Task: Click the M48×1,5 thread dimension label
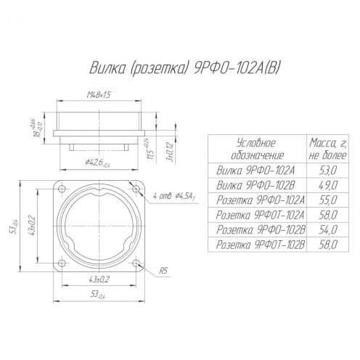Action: tap(99, 95)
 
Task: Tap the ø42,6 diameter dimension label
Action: tap(97, 163)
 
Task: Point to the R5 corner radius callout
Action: tap(163, 271)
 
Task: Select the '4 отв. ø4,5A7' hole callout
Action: tap(174, 197)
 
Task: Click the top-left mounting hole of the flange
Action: tap(62, 189)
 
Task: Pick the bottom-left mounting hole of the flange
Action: tap(62, 263)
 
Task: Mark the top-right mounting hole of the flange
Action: tap(136, 189)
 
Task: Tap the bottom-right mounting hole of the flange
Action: tap(136, 263)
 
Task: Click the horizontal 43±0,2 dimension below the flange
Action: tap(99, 279)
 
